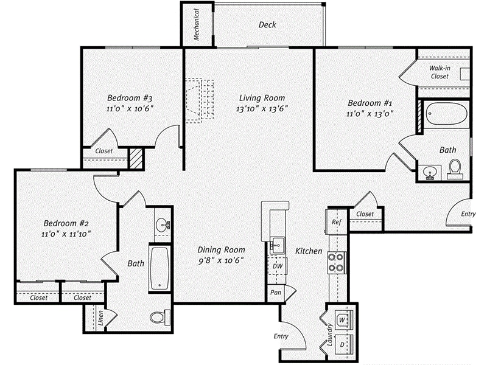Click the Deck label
click(x=267, y=25)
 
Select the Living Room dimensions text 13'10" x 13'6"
click(x=262, y=109)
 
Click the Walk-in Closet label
click(x=440, y=72)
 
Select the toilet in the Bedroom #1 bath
click(x=455, y=168)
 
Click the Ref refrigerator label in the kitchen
click(x=335, y=223)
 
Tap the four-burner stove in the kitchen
click(x=335, y=262)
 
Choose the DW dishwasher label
click(x=277, y=266)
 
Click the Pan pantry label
click(x=276, y=292)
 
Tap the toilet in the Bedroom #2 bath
click(x=161, y=317)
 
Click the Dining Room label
click(x=221, y=249)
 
